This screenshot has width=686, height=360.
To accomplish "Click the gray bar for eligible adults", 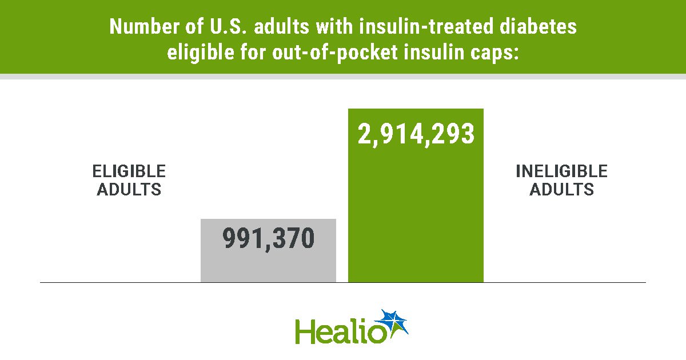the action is click(x=268, y=250).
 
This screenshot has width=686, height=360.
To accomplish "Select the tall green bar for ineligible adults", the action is click(x=416, y=195).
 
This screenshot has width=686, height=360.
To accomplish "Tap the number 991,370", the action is click(x=268, y=239).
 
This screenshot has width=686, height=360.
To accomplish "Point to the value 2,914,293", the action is click(x=416, y=134).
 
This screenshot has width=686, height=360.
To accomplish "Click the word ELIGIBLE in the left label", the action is click(x=129, y=171).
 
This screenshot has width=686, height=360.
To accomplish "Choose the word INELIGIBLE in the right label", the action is click(x=561, y=171).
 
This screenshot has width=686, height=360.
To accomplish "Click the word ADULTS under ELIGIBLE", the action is click(x=129, y=189).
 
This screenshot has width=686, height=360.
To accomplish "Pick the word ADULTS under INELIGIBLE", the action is click(x=561, y=189).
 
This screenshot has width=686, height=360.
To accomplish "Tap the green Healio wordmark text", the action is click(x=340, y=331).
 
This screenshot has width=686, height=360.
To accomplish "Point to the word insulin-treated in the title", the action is click(x=426, y=26).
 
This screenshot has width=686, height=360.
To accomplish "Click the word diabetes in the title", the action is click(x=538, y=26).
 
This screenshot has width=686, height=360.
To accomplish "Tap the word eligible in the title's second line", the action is click(x=201, y=53).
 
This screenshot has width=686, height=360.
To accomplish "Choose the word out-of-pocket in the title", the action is click(x=335, y=53).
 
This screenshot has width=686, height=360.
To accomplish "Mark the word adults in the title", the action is click(x=281, y=26).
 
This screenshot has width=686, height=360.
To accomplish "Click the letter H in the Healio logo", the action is click(x=305, y=331).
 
